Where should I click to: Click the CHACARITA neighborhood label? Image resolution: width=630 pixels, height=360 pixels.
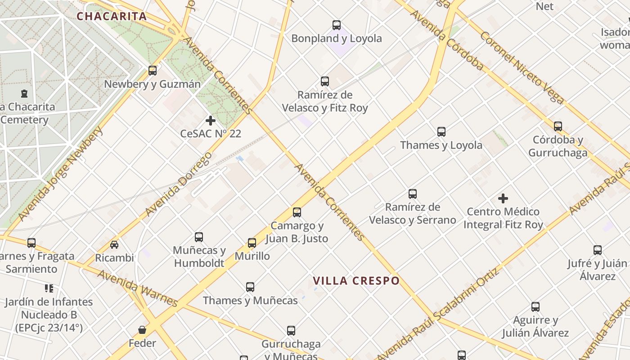(x=111, y=17)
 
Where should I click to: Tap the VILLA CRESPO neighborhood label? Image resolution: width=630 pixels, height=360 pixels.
(x=356, y=281)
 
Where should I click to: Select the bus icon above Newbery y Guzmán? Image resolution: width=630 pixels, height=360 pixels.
(x=153, y=71)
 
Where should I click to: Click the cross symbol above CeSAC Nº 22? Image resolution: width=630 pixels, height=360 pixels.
(x=210, y=121)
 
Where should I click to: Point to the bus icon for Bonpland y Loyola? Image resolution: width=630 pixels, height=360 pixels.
(x=337, y=25)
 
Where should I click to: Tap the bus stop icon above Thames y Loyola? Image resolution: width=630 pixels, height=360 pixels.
(x=441, y=132)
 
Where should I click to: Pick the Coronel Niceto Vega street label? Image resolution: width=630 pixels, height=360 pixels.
(x=522, y=67)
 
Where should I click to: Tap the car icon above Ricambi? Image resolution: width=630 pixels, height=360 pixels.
(x=114, y=245)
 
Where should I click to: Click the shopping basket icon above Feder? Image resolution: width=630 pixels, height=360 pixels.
(x=142, y=330)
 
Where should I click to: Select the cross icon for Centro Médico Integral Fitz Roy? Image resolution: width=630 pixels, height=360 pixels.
(x=503, y=198)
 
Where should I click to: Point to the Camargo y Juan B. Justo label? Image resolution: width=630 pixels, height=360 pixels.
(x=297, y=232)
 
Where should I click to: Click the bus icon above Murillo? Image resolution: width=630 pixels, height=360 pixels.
(x=252, y=243)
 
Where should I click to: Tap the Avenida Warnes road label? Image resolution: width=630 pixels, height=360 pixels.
(x=138, y=288)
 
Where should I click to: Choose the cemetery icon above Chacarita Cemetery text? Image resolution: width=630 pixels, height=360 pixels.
(x=24, y=94)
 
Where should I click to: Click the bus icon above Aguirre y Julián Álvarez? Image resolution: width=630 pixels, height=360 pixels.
(x=535, y=307)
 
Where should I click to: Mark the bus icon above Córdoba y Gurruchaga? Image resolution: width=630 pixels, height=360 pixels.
(x=558, y=126)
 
